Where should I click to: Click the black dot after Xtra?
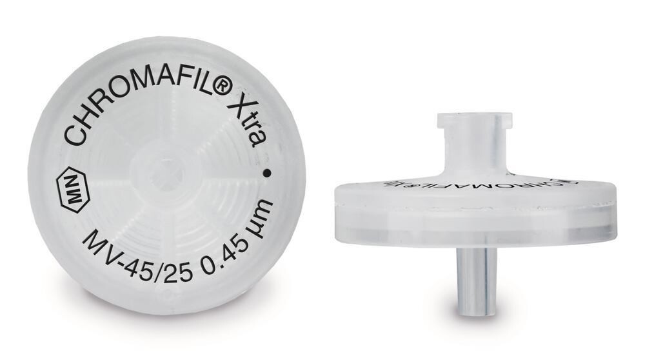point(267,173)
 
